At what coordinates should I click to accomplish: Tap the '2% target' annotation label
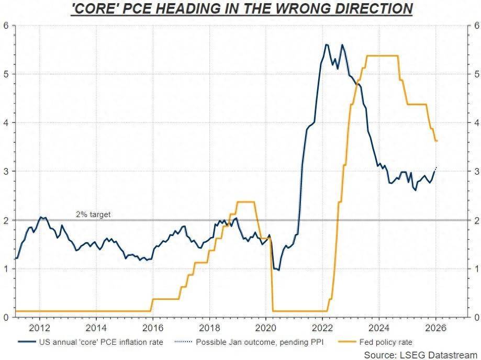93,215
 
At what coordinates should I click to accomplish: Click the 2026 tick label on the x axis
436,328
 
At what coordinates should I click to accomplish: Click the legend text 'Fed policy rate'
386,342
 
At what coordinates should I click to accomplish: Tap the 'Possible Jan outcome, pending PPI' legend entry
260,342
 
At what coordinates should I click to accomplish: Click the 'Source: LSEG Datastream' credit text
419,355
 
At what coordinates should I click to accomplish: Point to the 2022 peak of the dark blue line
326,45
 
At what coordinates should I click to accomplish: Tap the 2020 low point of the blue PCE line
278,270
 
